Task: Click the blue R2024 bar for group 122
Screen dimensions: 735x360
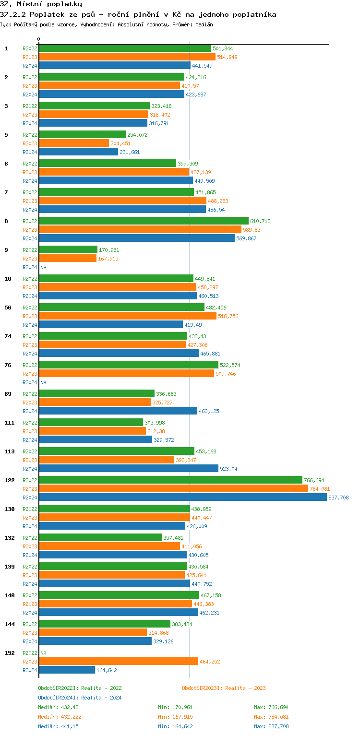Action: tap(182, 498)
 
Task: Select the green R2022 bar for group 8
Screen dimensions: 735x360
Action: tap(144, 221)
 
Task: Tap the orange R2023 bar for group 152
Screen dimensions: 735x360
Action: tap(118, 662)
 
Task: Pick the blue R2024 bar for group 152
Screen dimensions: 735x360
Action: tap(67, 670)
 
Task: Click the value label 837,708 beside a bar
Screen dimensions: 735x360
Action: tap(338, 498)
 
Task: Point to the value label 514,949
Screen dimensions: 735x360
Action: tap(227, 57)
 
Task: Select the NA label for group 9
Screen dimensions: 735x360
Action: tap(43, 267)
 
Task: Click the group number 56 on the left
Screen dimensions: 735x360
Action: tap(7, 308)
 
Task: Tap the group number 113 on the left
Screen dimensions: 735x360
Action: tap(9, 451)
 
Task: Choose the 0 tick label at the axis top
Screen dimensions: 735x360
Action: tap(39, 39)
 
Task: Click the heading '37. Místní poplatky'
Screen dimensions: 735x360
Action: tap(41, 4)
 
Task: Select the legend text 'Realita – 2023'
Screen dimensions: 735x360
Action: tap(245, 688)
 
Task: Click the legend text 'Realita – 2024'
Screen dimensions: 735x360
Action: tap(101, 698)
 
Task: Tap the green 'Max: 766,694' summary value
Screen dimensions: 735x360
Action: tap(271, 707)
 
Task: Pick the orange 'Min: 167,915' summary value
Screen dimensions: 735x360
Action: tap(175, 717)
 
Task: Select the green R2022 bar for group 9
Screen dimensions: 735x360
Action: tap(68, 250)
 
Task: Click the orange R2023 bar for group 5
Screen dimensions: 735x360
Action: tap(74, 143)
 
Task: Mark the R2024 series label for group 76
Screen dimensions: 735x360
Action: tap(30, 382)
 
